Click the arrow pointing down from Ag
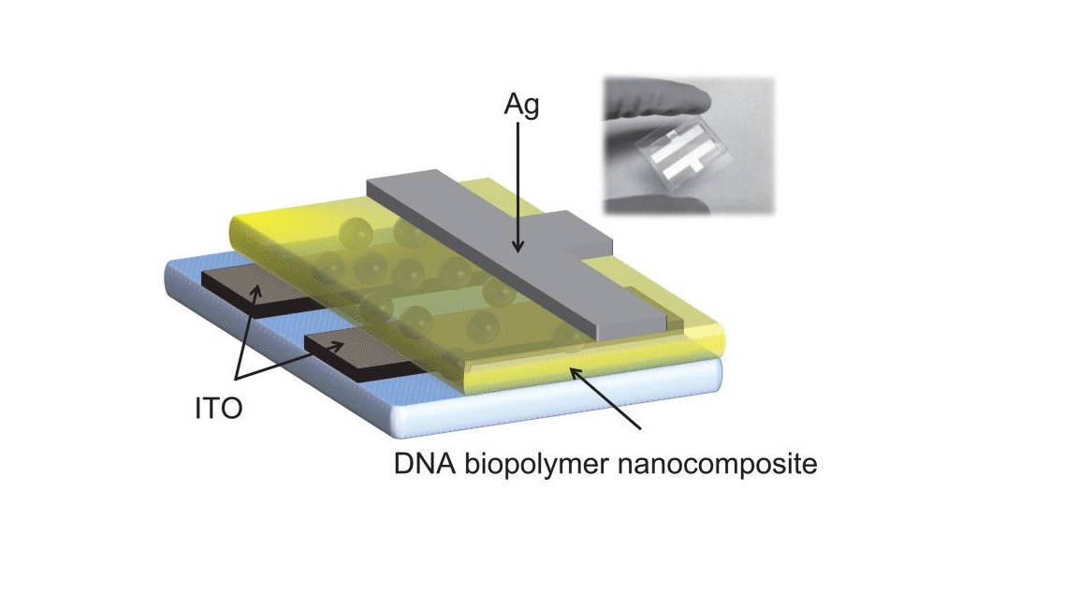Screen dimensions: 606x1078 point(517,187)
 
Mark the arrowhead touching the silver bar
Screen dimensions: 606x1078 point(517,248)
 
